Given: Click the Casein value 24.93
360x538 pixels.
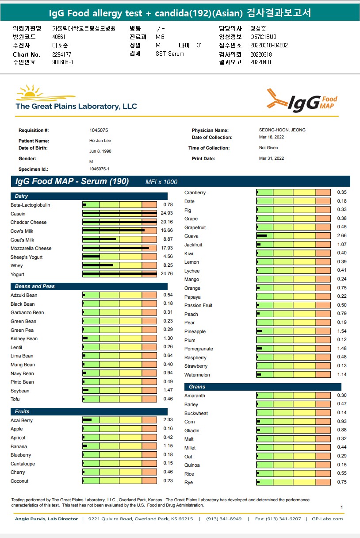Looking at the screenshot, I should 167,214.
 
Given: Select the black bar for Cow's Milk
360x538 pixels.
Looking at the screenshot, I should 114,231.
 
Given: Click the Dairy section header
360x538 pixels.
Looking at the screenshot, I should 22,196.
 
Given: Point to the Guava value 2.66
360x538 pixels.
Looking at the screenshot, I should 342,236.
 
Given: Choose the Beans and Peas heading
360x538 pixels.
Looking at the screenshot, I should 35,286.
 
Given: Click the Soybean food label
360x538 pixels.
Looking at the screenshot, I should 20,391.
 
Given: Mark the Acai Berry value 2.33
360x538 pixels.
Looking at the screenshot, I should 168,420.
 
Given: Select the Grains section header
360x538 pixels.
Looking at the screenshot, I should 197,387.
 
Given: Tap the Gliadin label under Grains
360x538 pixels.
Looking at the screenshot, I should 192,430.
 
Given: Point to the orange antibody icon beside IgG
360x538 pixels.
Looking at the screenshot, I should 277,99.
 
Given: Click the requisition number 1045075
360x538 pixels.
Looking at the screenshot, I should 99,131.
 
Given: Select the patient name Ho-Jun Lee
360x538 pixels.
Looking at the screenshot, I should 100,141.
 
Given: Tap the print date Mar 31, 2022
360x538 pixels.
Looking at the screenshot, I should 272,158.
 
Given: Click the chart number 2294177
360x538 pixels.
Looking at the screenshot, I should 61,54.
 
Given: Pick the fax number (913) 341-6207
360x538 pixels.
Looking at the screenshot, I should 283,519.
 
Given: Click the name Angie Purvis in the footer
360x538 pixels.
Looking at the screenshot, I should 31,519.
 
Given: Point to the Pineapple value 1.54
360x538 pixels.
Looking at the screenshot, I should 342,331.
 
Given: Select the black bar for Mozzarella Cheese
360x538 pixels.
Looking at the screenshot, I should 116,248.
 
